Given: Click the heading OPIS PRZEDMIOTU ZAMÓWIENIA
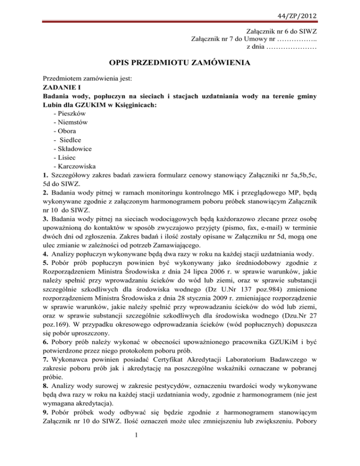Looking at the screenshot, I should click(180, 62).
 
